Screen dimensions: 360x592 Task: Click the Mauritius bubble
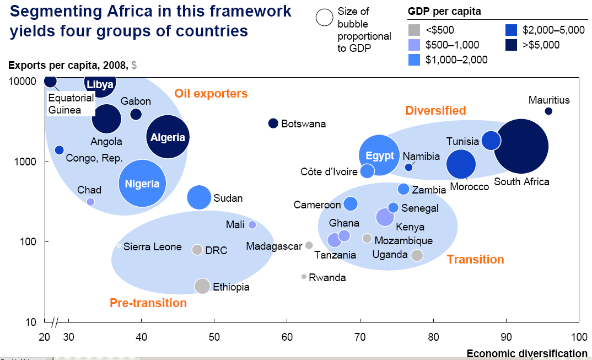(548, 111)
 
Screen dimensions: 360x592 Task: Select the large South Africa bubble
(521, 146)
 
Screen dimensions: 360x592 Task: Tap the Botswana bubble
(273, 123)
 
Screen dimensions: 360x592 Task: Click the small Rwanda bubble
(304, 277)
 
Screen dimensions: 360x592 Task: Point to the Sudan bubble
(200, 197)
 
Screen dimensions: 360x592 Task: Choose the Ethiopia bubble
(202, 286)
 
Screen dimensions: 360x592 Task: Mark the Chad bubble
(90, 202)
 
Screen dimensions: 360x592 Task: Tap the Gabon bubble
(136, 114)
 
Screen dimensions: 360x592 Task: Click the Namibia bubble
(408, 167)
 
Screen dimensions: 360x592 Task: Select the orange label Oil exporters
(211, 94)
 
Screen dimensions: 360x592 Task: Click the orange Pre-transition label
(148, 303)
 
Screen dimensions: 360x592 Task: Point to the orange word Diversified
(435, 110)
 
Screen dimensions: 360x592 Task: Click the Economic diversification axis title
(527, 353)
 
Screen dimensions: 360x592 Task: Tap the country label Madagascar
(274, 246)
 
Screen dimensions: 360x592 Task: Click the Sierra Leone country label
(152, 246)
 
